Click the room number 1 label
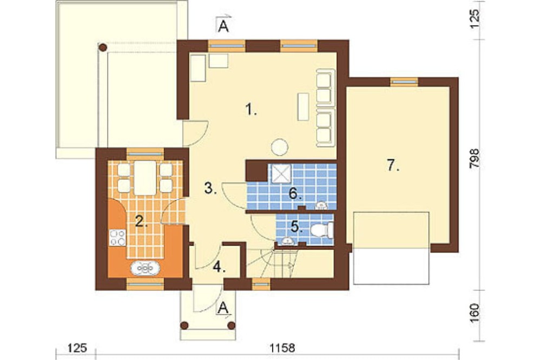click(251, 110)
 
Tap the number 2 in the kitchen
click(141, 221)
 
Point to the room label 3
click(210, 189)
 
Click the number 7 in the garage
click(393, 166)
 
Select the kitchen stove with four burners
click(117, 238)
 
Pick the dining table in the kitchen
click(145, 178)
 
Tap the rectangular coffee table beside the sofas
click(304, 106)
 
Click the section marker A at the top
click(223, 26)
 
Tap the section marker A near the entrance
click(223, 308)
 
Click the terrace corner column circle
click(102, 47)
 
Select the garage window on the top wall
click(404, 82)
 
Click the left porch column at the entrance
click(184, 325)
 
